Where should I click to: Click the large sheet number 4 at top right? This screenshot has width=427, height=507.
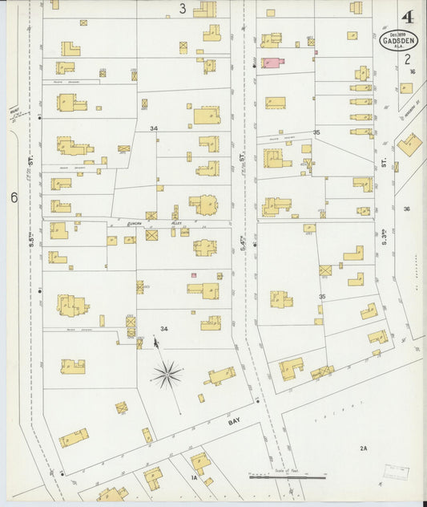tap(407, 17)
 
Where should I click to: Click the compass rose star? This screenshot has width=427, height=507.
tap(167, 373)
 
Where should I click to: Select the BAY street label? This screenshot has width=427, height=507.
tap(234, 420)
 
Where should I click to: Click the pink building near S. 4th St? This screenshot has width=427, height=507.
tap(272, 63)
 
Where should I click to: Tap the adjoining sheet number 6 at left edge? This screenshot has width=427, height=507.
tap(14, 197)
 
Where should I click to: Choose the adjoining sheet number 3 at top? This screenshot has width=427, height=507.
tap(183, 9)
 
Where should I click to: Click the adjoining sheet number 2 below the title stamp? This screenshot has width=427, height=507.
tap(407, 59)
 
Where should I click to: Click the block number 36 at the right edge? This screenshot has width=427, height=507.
tap(407, 209)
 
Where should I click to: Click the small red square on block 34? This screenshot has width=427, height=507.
tap(193, 275)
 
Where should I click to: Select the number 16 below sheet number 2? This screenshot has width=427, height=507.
tap(413, 72)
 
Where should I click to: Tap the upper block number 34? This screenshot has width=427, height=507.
tap(153, 128)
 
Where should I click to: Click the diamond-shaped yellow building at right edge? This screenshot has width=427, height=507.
tap(410, 144)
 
